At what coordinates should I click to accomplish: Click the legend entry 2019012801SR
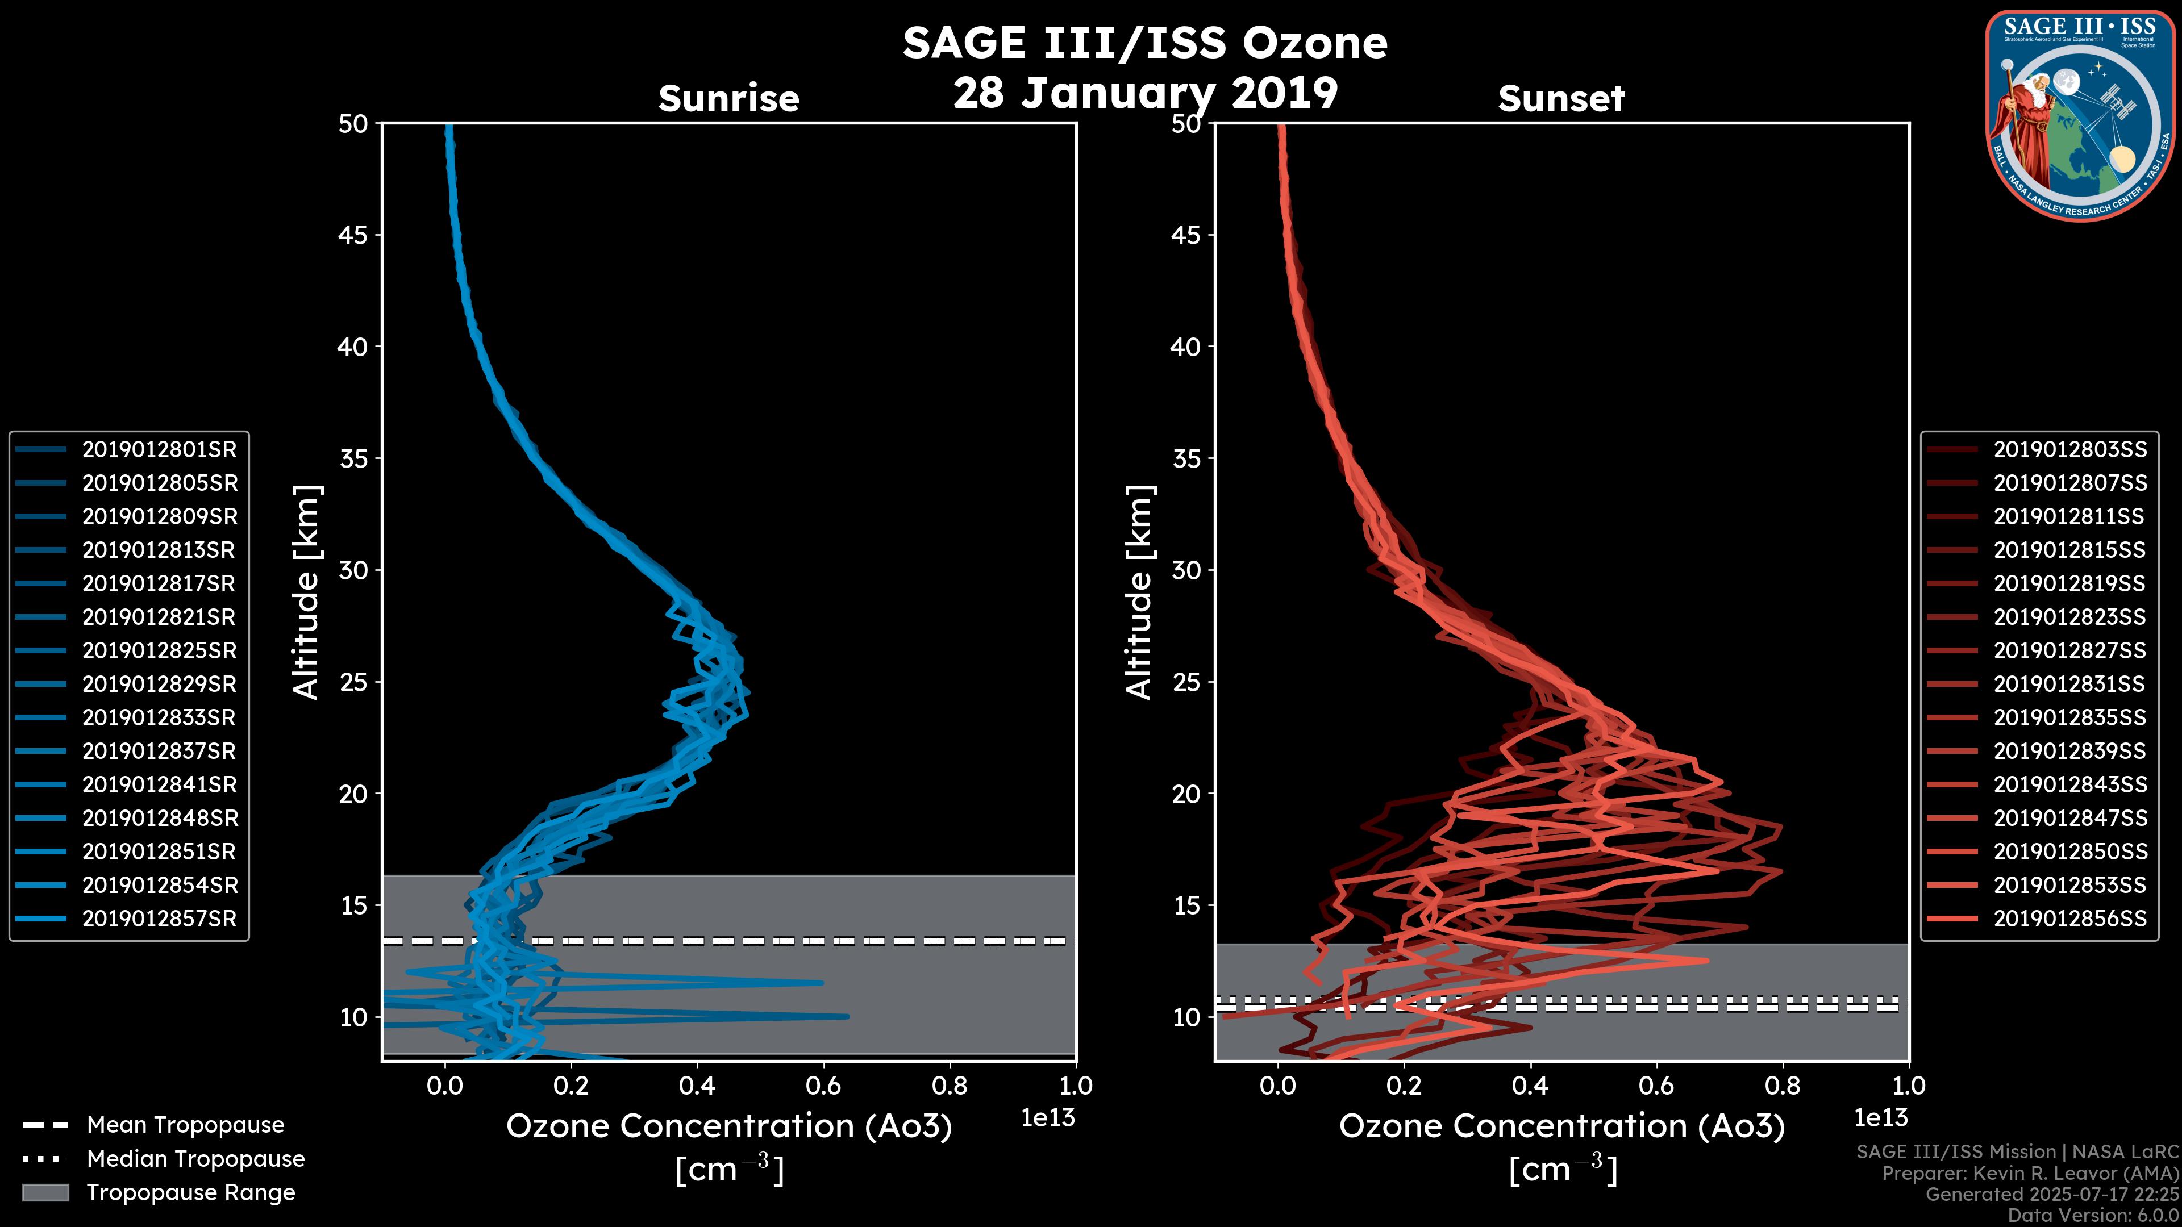[159, 450]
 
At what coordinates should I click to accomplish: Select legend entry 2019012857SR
[159, 919]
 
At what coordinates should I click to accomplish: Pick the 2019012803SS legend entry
[2069, 450]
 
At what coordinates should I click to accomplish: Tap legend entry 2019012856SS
[2069, 919]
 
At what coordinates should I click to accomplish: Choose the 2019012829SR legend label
[159, 684]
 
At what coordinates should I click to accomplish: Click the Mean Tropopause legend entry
[185, 1125]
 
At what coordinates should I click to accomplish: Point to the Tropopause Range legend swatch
[45, 1192]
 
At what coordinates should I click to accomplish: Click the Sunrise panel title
[728, 98]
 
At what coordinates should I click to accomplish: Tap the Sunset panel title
[1561, 98]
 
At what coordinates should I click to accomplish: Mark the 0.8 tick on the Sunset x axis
[1782, 1085]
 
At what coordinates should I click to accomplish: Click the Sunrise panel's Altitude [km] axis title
[307, 592]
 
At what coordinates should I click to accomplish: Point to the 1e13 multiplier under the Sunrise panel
[1048, 1118]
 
